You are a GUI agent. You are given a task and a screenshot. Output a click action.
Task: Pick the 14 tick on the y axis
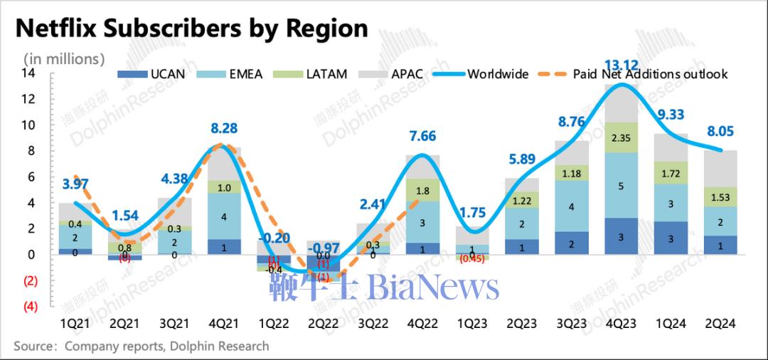tap(28, 73)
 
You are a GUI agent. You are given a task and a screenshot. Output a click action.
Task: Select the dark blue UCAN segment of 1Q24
tap(670, 238)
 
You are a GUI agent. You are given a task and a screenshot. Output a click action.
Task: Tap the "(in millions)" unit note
tap(64, 58)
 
